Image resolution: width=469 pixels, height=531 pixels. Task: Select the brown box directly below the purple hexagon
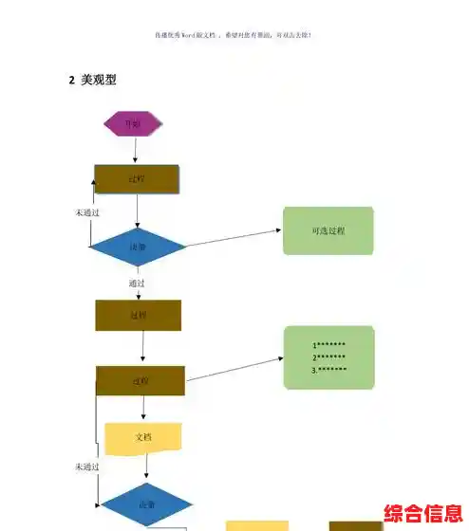click(137, 178)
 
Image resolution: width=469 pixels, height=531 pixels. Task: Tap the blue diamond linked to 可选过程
click(138, 247)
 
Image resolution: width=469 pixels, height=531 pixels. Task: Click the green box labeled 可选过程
click(328, 230)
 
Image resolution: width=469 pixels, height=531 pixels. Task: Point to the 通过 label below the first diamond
click(137, 283)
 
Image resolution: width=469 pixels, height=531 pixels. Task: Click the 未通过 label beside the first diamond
click(88, 212)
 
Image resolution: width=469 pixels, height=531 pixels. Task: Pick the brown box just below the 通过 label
click(138, 315)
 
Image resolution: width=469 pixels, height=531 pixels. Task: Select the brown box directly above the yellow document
click(140, 380)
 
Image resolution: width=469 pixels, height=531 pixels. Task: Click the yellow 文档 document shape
click(143, 437)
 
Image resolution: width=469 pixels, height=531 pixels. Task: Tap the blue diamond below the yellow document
click(147, 504)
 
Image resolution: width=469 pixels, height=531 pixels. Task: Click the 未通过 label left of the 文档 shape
click(87, 467)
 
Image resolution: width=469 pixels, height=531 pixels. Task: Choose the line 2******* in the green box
click(329, 357)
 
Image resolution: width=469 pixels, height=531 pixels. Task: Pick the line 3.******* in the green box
click(329, 370)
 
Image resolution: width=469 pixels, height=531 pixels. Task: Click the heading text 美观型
click(99, 81)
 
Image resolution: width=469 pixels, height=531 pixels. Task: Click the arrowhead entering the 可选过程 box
click(279, 230)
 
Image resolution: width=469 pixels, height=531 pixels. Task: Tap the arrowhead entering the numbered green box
click(281, 358)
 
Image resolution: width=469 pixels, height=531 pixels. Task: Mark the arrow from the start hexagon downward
click(136, 150)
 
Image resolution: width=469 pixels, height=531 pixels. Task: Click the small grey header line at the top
click(234, 35)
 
